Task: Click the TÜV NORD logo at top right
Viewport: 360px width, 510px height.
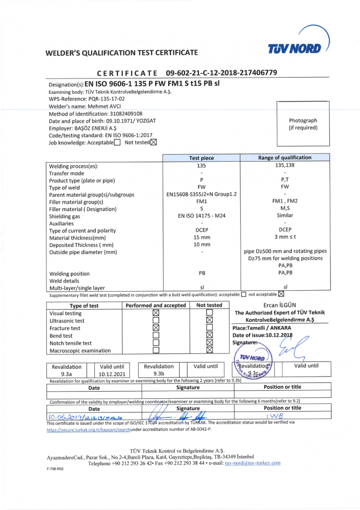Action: tap(295, 48)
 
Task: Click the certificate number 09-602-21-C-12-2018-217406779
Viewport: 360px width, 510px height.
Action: tap(221, 73)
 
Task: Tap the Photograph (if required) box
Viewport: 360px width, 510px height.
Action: tap(303, 124)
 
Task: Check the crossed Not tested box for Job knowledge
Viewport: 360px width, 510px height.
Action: tap(153, 143)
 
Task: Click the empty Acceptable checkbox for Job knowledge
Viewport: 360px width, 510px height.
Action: tap(117, 143)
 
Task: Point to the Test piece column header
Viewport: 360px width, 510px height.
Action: tap(201, 158)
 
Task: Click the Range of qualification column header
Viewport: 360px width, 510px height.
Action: tap(285, 158)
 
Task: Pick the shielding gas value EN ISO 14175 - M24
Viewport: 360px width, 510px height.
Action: tap(202, 216)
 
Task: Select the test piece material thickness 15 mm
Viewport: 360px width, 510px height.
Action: tap(202, 238)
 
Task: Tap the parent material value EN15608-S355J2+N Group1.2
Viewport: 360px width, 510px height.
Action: tap(202, 195)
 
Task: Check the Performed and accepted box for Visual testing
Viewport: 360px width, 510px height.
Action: tap(156, 313)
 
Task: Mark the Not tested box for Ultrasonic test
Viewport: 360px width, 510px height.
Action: tap(209, 321)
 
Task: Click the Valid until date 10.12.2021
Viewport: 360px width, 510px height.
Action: tap(112, 373)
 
